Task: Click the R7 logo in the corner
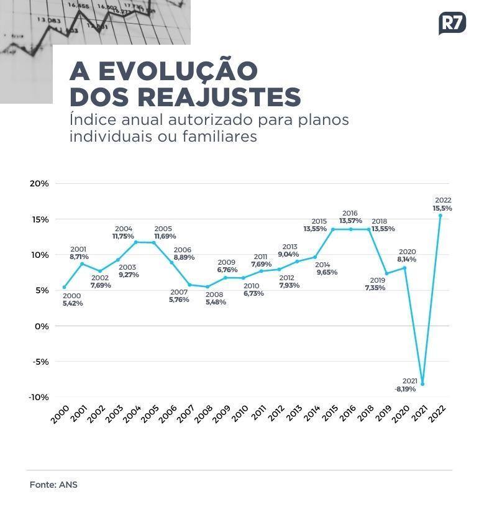point(452,23)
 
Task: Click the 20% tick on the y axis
point(39,183)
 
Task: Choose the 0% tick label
point(42,326)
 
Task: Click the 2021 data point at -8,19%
point(422,384)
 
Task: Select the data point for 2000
point(64,287)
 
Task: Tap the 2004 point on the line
point(135,242)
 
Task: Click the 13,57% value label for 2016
point(350,221)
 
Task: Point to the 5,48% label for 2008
point(216,302)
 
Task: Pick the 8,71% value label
point(79,257)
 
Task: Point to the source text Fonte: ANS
point(53,485)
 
